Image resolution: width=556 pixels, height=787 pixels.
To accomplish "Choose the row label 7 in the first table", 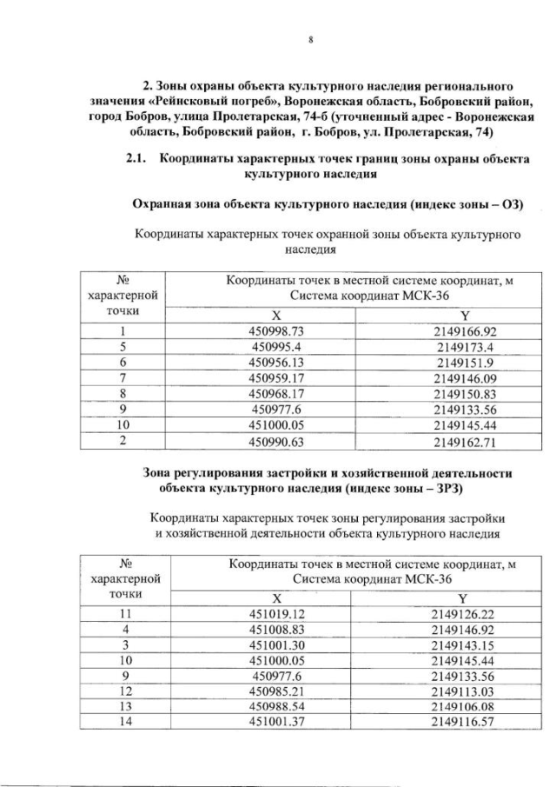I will click(123, 378).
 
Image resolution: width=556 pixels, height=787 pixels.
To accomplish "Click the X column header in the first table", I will click(277, 315).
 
